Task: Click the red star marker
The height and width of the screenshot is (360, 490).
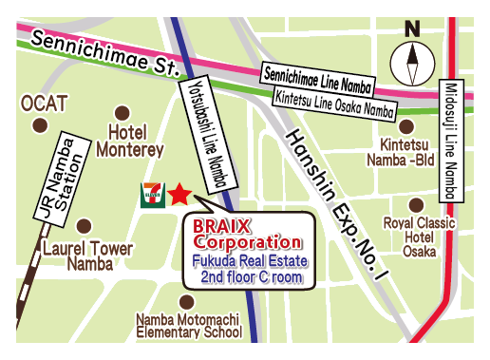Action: tap(179, 197)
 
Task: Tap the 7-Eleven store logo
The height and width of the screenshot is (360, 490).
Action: tap(151, 195)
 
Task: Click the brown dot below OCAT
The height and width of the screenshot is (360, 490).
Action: tap(39, 124)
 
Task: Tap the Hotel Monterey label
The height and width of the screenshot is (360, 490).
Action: tap(136, 142)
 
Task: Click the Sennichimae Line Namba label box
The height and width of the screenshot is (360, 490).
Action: tap(317, 76)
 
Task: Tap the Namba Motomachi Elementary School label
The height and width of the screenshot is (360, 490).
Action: tap(189, 326)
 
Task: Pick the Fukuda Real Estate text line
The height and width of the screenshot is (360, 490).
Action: tap(249, 260)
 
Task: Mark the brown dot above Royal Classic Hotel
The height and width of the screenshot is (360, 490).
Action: tap(416, 204)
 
